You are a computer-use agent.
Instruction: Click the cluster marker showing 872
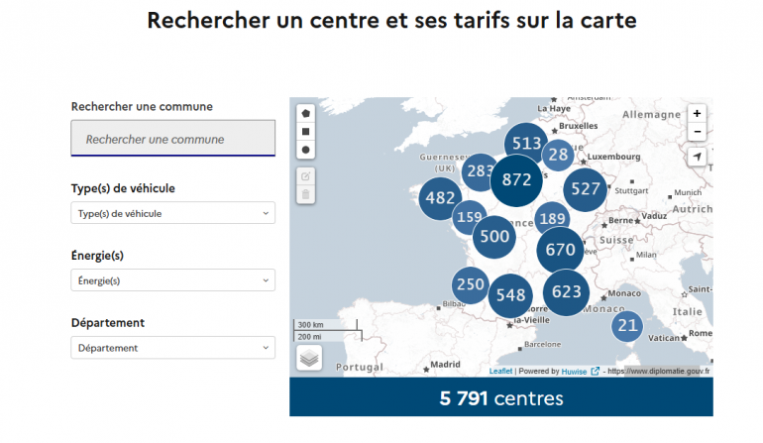[517, 180]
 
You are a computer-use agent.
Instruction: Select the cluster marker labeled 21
[627, 325]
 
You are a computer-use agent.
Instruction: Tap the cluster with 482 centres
[440, 198]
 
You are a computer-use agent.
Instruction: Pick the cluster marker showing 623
[566, 292]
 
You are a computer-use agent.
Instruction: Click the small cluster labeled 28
[558, 154]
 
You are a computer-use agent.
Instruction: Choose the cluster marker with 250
[471, 285]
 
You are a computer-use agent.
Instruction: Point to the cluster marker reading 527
[586, 189]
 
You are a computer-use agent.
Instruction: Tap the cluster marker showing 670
[560, 250]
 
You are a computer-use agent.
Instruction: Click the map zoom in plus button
[697, 114]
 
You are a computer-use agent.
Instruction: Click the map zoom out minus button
[697, 132]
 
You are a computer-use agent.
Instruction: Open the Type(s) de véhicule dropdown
[173, 213]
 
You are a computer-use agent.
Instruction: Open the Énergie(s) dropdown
[173, 280]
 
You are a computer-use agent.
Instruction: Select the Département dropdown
[173, 348]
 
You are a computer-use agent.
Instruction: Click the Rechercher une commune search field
[173, 139]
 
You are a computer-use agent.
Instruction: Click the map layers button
[308, 358]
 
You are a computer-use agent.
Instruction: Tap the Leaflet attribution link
[500, 372]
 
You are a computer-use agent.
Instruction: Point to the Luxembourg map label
[609, 156]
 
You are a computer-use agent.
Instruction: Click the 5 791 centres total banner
[500, 398]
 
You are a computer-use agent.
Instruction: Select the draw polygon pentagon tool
[306, 112]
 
